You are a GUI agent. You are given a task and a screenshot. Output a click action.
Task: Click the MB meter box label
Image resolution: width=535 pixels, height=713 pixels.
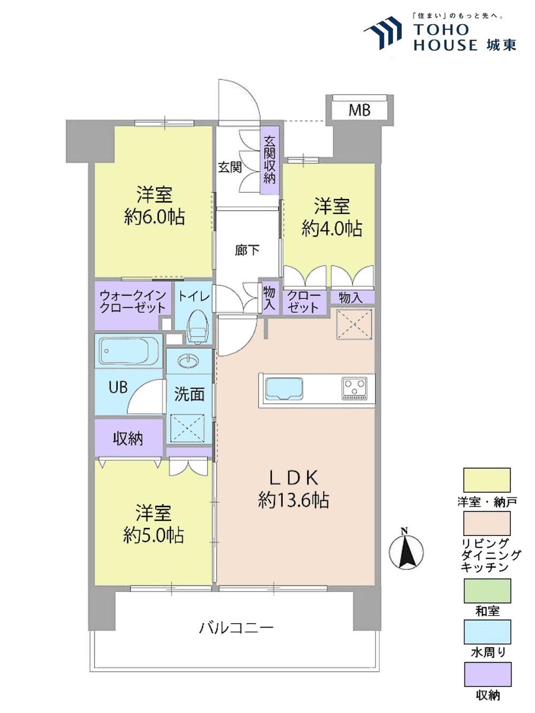coord(360,110)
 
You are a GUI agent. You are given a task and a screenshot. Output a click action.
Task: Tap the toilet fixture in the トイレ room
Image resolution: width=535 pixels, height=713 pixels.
coord(197,327)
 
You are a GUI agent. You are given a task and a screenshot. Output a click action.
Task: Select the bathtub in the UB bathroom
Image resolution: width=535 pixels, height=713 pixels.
coord(129,351)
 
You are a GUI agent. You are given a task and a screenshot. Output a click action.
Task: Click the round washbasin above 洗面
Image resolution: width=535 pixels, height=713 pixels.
coord(188,361)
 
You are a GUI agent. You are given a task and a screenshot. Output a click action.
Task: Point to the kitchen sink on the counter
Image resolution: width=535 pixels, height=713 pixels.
coord(284,388)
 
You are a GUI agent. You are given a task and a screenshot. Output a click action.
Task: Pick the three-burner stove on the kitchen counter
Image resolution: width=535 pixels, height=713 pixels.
coord(354,388)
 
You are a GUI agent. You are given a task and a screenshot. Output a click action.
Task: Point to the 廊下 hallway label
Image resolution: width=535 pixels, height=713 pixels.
coord(247,250)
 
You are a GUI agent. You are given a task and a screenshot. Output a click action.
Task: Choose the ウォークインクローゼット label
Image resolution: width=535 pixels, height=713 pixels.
coord(133,302)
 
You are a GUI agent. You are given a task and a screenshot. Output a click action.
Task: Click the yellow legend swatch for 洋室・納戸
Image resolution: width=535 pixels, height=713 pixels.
coord(487,480)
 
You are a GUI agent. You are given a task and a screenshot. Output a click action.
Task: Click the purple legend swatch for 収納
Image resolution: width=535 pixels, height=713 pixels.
coord(487,674)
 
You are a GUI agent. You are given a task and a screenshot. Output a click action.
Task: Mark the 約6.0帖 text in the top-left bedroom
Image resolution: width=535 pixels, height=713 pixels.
coord(155,217)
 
